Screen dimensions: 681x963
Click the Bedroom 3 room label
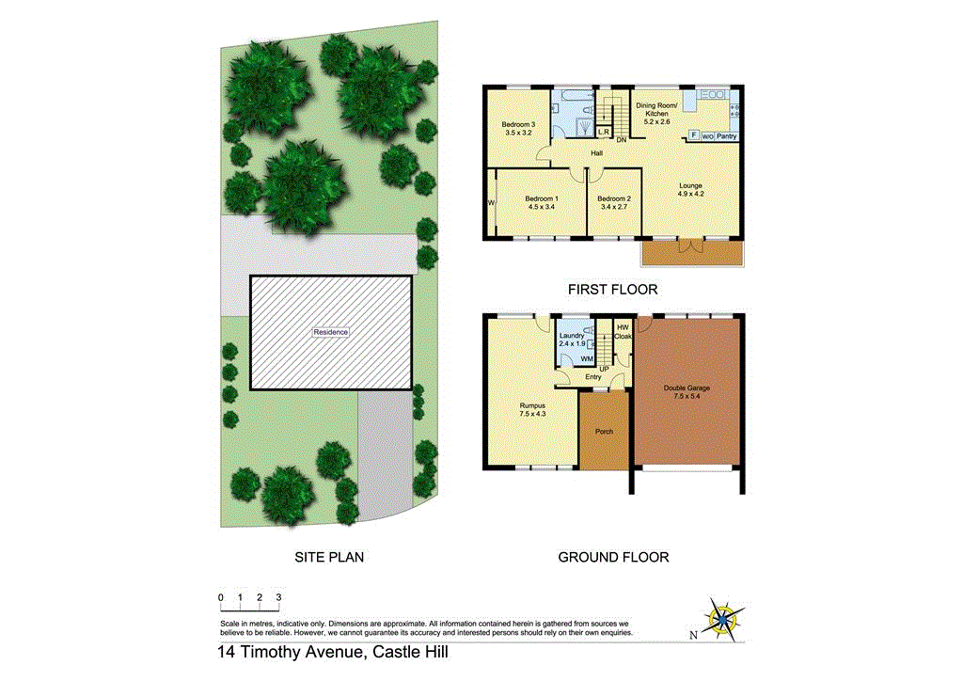point(518,125)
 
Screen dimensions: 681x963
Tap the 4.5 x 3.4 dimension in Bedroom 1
point(542,208)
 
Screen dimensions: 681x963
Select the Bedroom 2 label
point(612,198)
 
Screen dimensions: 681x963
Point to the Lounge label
point(691,186)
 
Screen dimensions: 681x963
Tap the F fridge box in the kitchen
point(694,135)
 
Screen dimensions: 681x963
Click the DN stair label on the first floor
point(622,140)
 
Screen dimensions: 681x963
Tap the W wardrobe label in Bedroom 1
point(491,202)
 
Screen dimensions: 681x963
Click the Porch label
point(604,432)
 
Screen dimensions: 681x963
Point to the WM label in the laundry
point(586,359)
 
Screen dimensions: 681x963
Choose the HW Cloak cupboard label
point(623,331)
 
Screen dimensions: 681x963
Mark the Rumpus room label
point(532,406)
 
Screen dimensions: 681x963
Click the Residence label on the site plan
point(331,332)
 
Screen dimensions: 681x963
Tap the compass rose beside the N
point(724,620)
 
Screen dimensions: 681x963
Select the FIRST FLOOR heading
point(612,290)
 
